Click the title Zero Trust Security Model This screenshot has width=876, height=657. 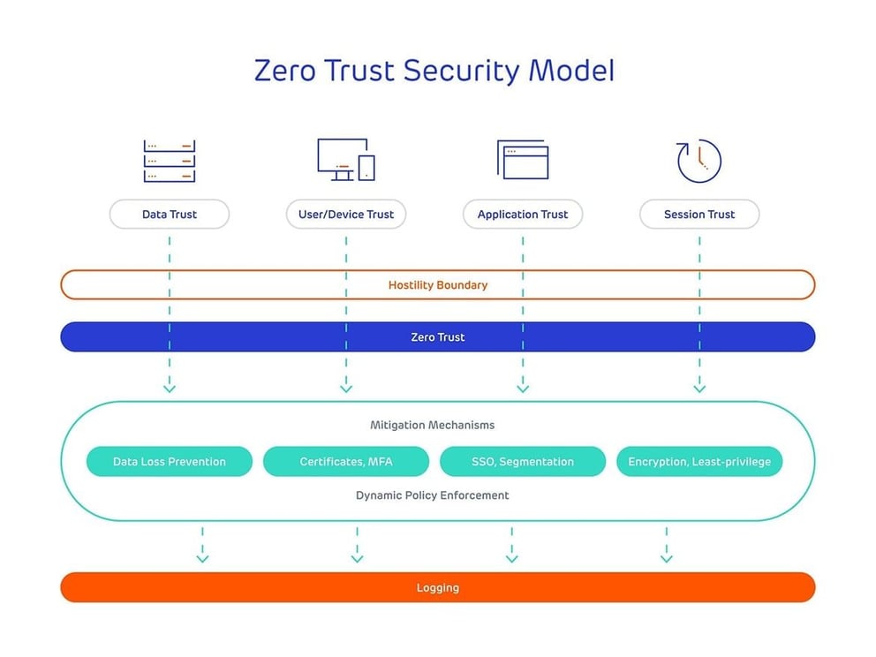click(434, 71)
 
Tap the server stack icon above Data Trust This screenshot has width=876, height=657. click(169, 161)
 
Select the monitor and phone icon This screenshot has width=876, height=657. click(346, 160)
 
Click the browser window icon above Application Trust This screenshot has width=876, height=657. click(522, 160)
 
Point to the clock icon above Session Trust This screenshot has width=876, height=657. click(699, 161)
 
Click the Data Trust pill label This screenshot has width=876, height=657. click(169, 215)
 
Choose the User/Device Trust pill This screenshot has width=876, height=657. click(346, 215)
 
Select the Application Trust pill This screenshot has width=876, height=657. click(523, 215)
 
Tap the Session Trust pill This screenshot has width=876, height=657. click(699, 215)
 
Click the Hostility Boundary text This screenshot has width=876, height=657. click(438, 285)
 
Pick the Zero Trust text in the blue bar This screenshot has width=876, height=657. click(438, 337)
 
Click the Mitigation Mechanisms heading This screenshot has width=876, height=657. click(433, 425)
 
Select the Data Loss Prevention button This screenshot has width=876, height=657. click(170, 462)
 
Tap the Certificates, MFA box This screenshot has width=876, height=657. click(346, 462)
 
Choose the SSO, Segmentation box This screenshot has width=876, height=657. click(523, 462)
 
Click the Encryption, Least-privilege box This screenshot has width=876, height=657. click(699, 462)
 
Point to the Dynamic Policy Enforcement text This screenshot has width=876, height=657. click(433, 495)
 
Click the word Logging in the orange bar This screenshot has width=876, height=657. click(438, 588)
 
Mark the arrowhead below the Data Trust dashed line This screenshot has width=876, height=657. click(170, 388)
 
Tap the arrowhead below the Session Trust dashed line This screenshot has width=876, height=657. click(699, 388)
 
